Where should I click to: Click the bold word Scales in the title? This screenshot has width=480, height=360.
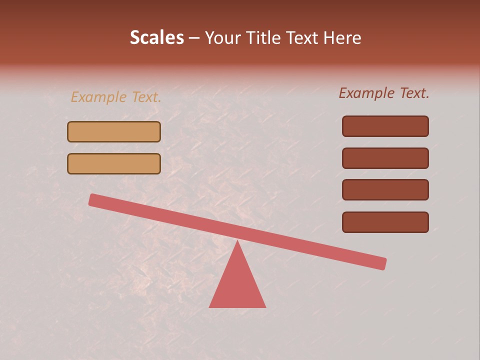(x=156, y=37)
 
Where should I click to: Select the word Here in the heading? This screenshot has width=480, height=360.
(x=342, y=37)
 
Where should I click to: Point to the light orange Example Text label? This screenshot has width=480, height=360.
(x=116, y=97)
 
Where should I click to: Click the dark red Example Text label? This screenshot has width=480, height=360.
(x=384, y=93)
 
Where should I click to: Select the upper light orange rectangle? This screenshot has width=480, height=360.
(x=114, y=131)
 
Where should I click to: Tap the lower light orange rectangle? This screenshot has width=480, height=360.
(x=114, y=163)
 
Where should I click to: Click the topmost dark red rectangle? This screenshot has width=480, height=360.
(x=385, y=126)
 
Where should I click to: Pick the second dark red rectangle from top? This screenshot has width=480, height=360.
(x=385, y=158)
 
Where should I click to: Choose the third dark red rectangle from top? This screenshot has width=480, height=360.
(x=385, y=190)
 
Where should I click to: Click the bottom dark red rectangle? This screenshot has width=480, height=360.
(x=385, y=222)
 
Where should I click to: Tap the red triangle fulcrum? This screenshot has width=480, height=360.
(x=237, y=285)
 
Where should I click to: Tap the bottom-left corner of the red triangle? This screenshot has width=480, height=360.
(x=210, y=306)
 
